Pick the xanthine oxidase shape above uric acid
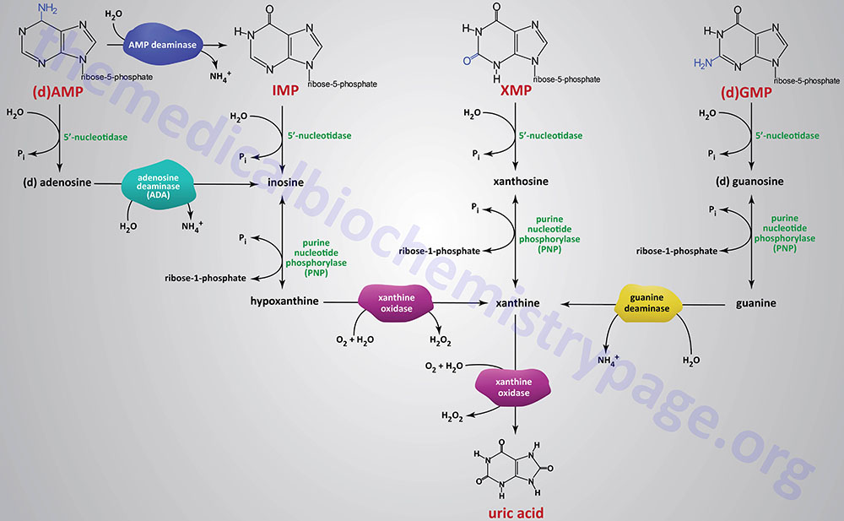515,387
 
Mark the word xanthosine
515,182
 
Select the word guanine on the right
755,302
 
